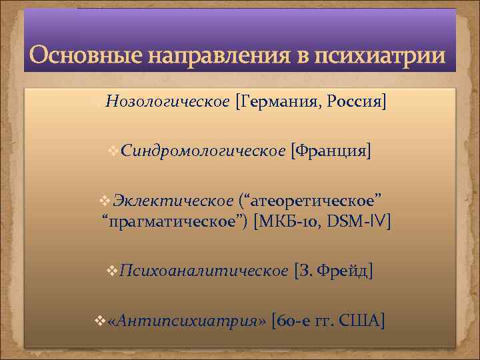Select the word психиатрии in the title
(377, 55)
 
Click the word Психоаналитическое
(204, 271)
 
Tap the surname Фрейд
(340, 271)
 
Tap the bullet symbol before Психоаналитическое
(112, 271)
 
